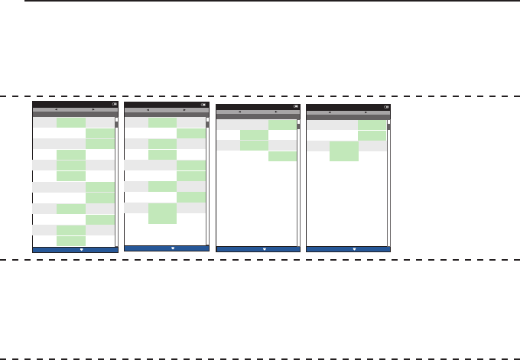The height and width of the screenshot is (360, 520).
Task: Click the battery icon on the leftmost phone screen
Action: tap(114, 105)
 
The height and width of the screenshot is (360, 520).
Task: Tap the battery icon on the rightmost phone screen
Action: tap(385, 106)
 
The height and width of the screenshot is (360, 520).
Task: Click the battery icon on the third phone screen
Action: tap(295, 106)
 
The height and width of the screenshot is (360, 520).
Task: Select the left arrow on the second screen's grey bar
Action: tap(148, 110)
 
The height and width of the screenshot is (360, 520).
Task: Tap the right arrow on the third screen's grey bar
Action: tap(275, 112)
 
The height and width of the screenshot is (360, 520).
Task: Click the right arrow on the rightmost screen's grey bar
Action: tap(366, 112)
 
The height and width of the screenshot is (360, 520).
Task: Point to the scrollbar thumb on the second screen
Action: tap(207, 125)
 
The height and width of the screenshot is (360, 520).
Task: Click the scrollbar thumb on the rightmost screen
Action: tap(388, 127)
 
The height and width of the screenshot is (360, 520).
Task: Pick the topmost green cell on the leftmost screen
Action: tap(71, 122)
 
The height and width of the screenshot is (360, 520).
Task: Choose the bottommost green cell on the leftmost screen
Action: tap(71, 241)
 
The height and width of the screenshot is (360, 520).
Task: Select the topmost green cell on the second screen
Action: tap(162, 122)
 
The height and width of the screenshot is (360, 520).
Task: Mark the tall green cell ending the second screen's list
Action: tap(162, 213)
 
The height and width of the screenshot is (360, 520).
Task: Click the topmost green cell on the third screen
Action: tap(282, 125)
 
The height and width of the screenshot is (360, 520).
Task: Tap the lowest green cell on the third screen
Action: tap(282, 157)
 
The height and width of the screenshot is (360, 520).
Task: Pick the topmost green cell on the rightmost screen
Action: tap(372, 125)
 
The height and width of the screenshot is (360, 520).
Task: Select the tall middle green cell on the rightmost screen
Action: tap(344, 151)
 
